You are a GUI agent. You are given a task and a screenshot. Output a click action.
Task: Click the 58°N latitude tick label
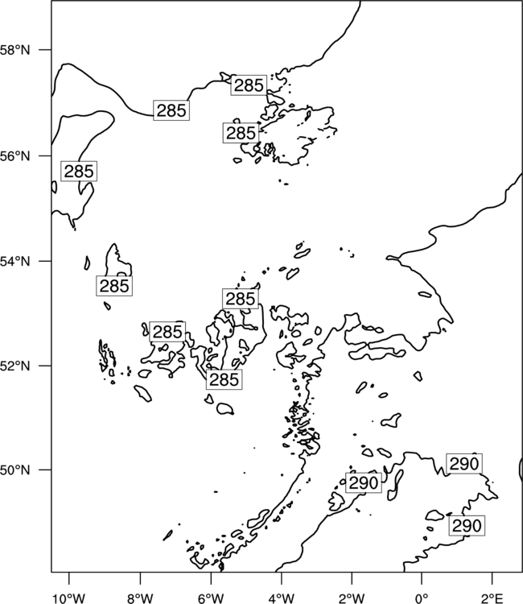pos(15,50)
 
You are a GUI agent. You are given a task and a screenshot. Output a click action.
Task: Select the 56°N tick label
pos(15,156)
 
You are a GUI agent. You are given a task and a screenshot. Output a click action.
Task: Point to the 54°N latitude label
pos(15,262)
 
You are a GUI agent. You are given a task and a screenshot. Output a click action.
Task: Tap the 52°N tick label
pos(15,366)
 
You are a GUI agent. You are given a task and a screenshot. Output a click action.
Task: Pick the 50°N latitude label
pos(15,470)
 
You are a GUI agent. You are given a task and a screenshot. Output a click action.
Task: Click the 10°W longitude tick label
pos(69,598)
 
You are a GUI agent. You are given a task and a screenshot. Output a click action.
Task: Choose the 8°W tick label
pos(140,598)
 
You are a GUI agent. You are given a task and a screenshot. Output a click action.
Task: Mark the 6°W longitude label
pos(211,598)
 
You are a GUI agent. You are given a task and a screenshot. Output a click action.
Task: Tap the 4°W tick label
pos(282,598)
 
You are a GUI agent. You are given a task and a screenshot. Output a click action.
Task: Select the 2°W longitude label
pos(352,598)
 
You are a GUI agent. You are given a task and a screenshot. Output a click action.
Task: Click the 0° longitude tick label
pos(422,598)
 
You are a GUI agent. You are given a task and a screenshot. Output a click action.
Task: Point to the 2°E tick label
pos(492,598)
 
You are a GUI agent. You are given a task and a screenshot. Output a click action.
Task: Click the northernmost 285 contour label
pos(249,85)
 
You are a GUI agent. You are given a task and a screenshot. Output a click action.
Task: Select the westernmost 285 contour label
pos(79,171)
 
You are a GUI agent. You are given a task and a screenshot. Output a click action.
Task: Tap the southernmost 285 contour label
pos(224,379)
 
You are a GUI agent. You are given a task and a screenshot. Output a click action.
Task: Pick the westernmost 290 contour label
pos(364,482)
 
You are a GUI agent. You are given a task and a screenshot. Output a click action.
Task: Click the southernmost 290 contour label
pos(467,525)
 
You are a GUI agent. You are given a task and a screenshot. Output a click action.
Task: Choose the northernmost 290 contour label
pos(464,464)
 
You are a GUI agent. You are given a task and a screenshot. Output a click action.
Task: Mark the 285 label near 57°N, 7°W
pos(171,110)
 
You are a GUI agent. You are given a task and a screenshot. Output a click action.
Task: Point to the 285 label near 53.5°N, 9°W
pos(114,286)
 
